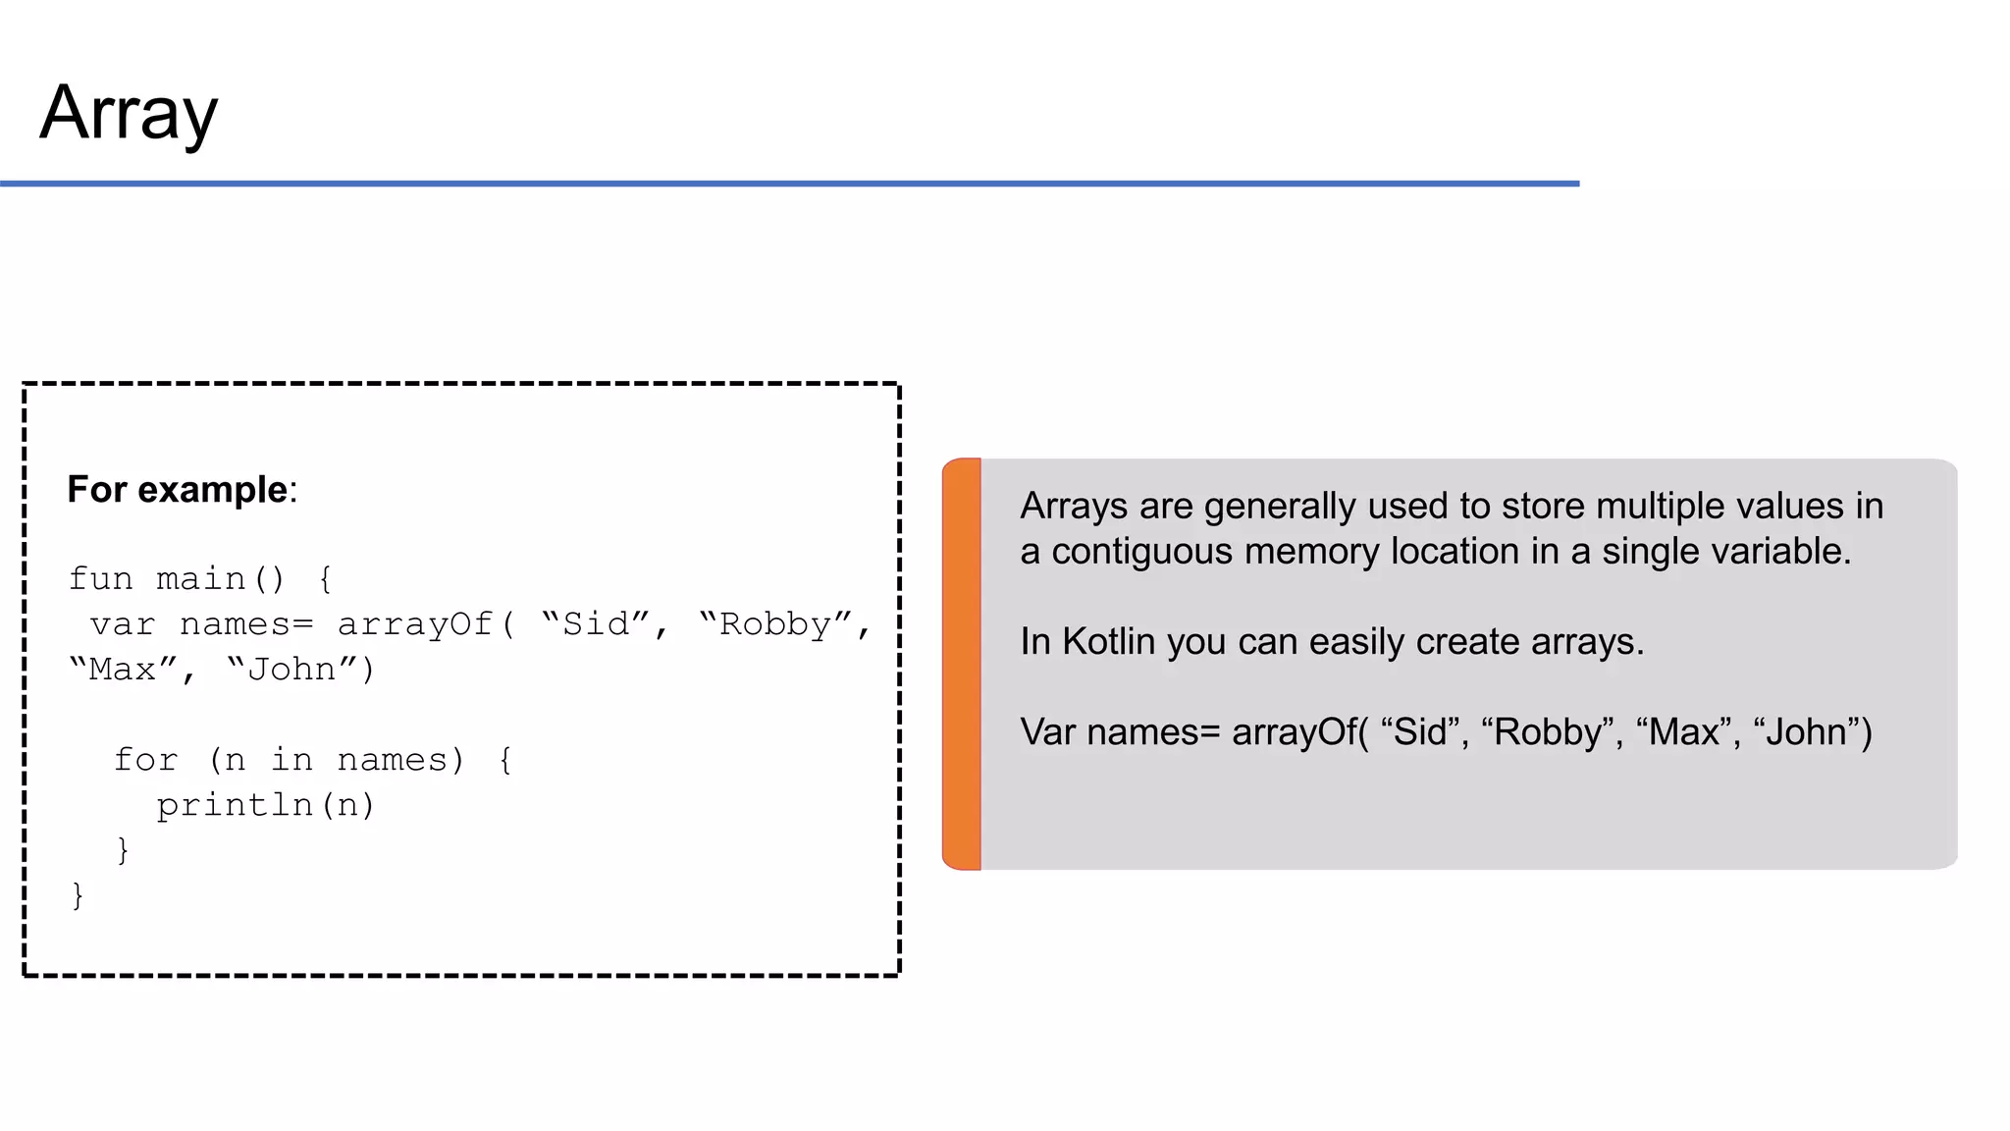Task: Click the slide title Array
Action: click(129, 113)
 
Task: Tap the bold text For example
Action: click(177, 489)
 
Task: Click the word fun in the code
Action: click(100, 578)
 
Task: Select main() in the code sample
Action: click(221, 578)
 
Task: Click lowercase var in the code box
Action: click(123, 624)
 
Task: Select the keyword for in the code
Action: click(145, 760)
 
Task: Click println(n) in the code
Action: click(266, 805)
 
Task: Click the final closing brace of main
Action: click(78, 894)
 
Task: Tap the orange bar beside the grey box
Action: click(962, 664)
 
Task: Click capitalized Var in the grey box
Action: click(1048, 732)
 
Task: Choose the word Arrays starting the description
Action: click(1074, 507)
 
